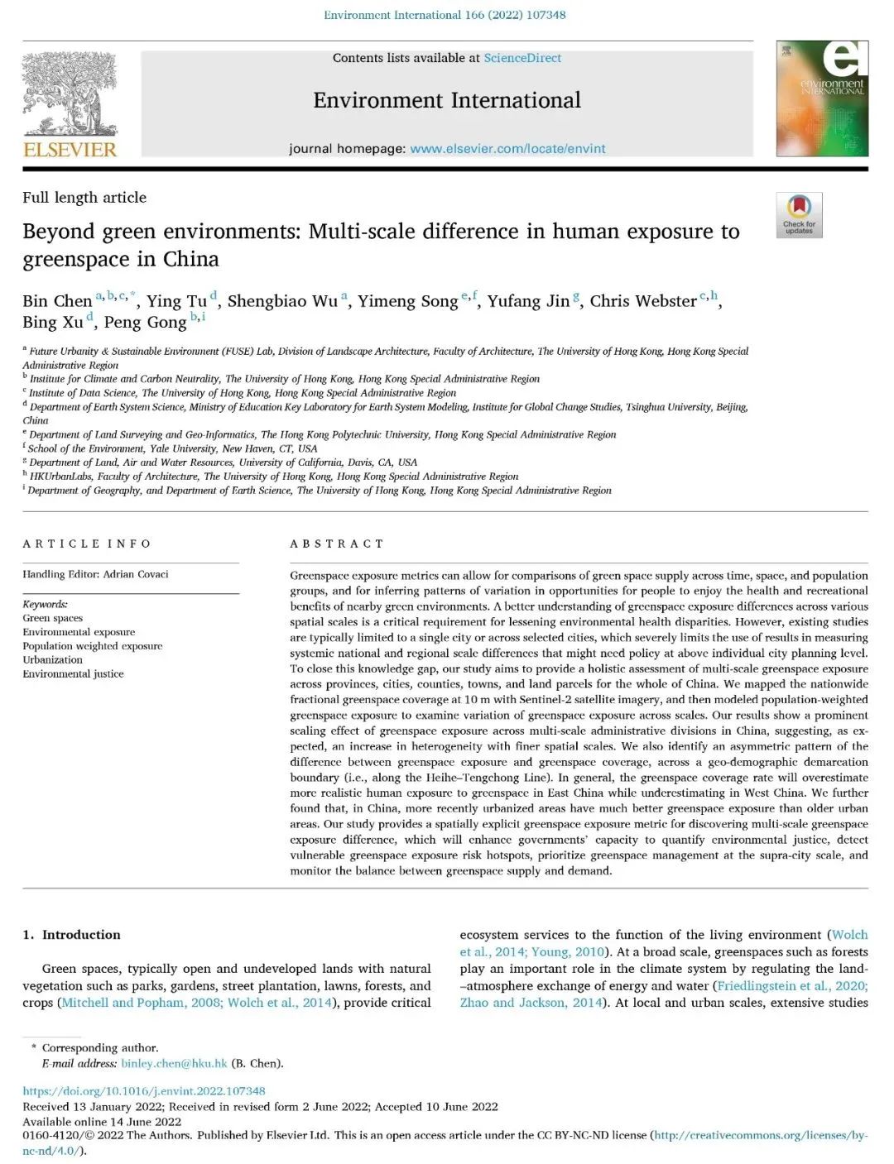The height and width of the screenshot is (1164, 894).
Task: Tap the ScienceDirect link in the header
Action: (x=522, y=58)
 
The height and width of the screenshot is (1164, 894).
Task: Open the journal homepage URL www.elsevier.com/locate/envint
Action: (x=507, y=149)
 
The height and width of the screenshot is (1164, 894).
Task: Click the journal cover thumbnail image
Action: (x=821, y=98)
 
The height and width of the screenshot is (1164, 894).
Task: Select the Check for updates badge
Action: (x=799, y=214)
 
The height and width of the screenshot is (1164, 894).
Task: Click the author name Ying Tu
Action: (x=176, y=301)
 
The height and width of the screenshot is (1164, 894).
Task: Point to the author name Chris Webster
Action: (x=643, y=301)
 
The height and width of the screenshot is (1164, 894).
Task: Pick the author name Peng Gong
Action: (x=145, y=323)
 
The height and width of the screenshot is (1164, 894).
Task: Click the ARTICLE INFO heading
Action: (x=87, y=544)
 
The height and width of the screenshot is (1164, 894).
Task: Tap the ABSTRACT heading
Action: (x=337, y=544)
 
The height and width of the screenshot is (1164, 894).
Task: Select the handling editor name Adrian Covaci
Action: (x=136, y=574)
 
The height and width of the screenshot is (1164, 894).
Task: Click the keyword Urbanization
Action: (x=52, y=659)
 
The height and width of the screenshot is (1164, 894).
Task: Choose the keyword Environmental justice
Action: (x=73, y=673)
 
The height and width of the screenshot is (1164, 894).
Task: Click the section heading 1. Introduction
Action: (x=72, y=935)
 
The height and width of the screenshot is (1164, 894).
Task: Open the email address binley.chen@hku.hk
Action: (x=174, y=1063)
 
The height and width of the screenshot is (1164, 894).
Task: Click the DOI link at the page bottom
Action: (x=144, y=1091)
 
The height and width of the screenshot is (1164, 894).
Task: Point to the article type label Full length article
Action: (x=84, y=198)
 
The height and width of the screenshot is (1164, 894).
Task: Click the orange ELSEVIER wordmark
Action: (x=70, y=150)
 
